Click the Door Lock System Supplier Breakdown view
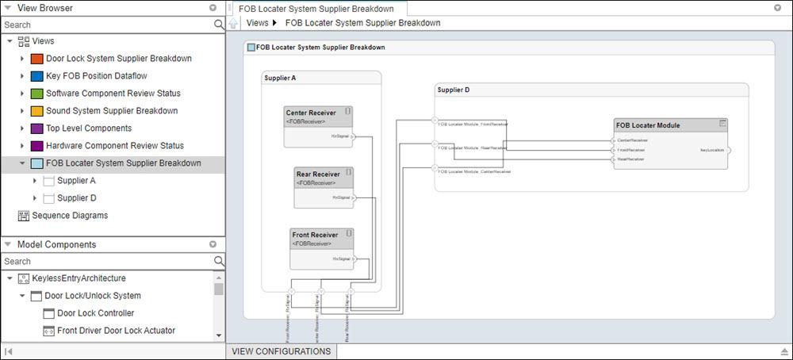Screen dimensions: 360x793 point(118,59)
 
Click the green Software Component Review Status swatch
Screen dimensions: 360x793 point(36,94)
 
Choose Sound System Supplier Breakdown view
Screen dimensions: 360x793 point(111,111)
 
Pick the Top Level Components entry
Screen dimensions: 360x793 point(88,128)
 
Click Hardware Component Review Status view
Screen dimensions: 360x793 point(114,146)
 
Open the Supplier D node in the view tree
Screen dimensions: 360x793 point(76,198)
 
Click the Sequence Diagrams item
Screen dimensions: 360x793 point(70,216)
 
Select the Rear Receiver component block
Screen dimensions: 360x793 point(323,187)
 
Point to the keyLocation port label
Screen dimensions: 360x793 point(711,149)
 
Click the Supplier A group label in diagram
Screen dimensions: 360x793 point(280,78)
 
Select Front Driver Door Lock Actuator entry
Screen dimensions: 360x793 point(116,331)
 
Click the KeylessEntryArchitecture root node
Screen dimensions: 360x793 point(79,278)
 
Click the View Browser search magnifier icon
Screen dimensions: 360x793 point(219,25)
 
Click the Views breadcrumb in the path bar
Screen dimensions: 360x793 point(257,23)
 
